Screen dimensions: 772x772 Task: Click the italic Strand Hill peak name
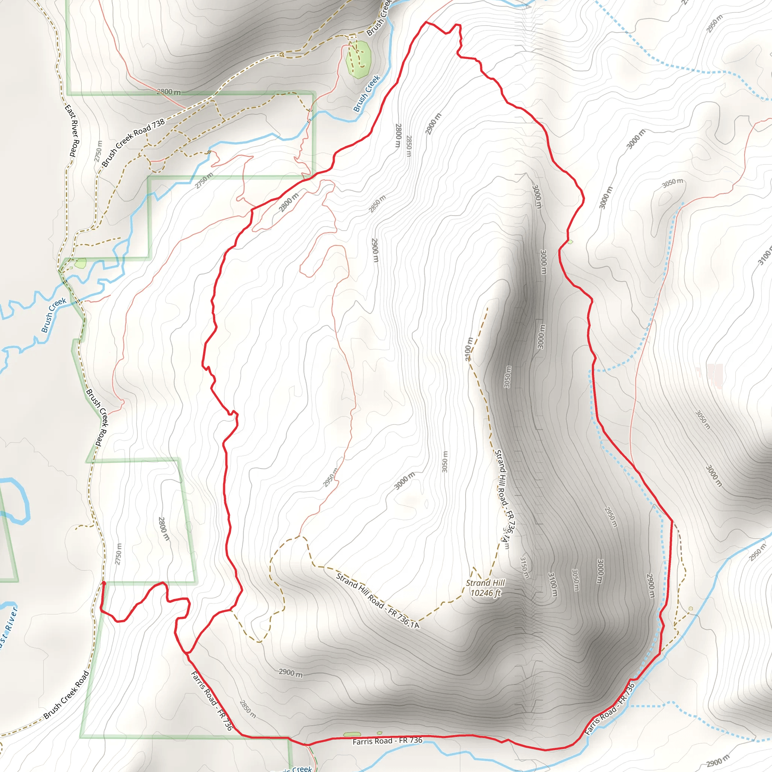click(485, 583)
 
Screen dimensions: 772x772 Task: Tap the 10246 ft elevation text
click(485, 593)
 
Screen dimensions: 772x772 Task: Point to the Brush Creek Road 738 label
click(133, 142)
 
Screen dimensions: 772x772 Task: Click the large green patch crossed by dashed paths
click(358, 59)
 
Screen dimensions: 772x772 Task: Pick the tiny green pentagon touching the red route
click(570, 242)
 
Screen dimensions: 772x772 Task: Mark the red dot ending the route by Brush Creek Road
click(104, 583)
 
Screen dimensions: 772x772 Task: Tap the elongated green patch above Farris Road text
click(352, 734)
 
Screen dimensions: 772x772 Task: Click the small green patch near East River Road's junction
click(80, 263)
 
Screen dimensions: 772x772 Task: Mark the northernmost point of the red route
click(426, 22)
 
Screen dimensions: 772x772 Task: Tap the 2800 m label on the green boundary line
click(168, 92)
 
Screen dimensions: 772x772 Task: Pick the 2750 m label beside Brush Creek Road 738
click(98, 152)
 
